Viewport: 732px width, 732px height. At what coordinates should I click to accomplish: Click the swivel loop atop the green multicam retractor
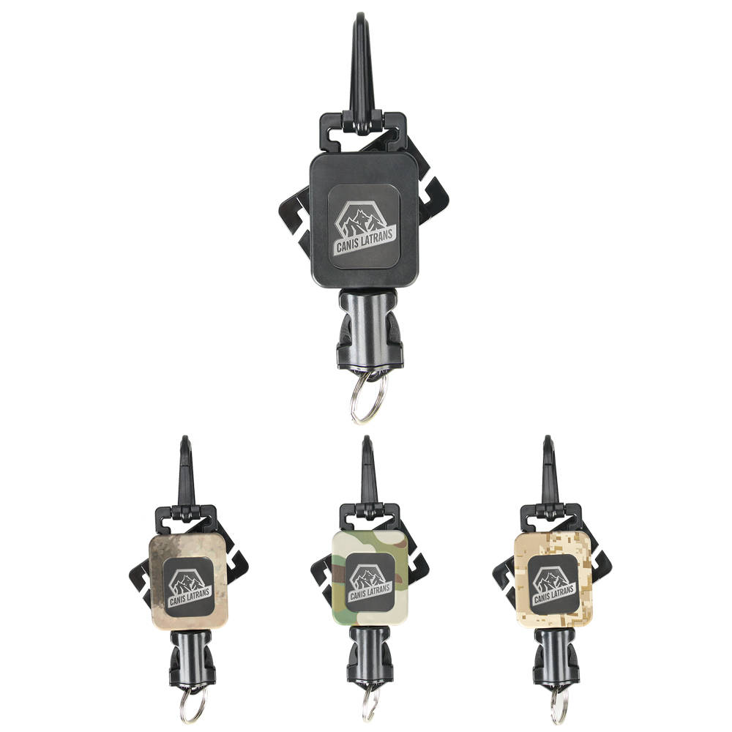click(368, 517)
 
